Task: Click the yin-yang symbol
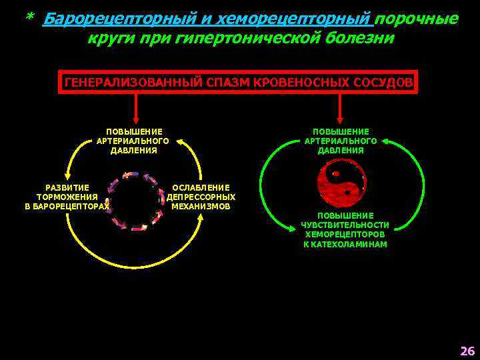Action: pos(341,183)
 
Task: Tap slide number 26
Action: pos(467,351)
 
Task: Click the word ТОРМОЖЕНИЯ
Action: pos(67,197)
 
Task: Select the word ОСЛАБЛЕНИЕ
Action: pos(201,188)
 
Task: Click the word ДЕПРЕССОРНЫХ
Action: pos(201,197)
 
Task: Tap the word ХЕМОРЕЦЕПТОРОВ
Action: pos(345,235)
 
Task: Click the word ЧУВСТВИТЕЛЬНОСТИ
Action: pos(345,225)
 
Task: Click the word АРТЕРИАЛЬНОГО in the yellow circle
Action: pos(133,141)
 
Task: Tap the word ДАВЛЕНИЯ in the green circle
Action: pos(341,151)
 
